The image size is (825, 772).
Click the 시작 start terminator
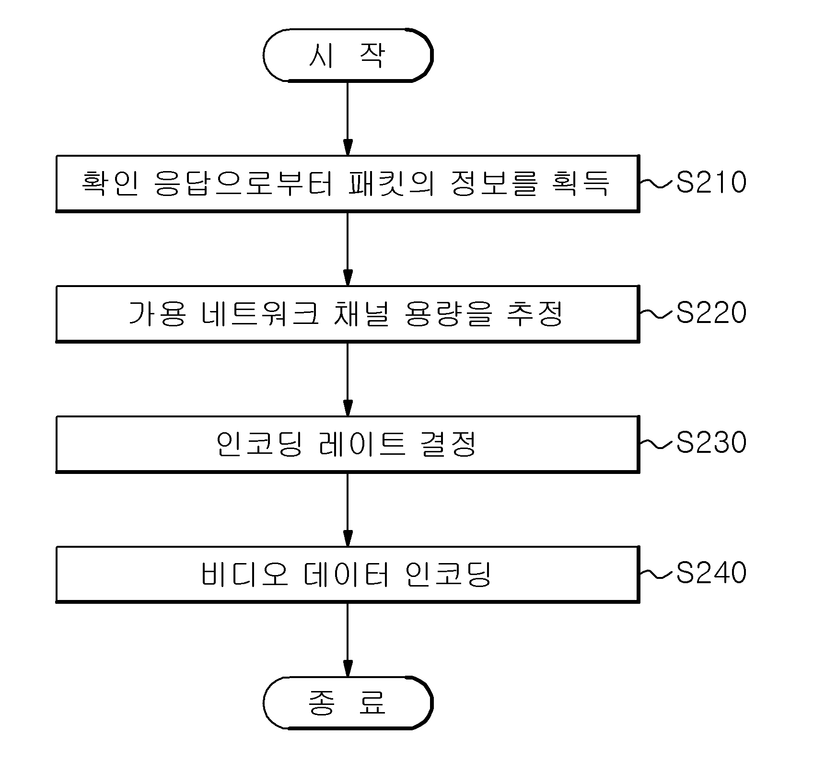click(x=348, y=55)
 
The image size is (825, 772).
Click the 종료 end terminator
click(x=348, y=703)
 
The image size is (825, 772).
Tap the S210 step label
click(x=711, y=183)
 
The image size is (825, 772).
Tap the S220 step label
click(x=711, y=313)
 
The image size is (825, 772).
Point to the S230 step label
click(x=711, y=443)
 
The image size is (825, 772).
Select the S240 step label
click(x=711, y=573)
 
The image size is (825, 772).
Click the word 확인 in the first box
click(x=110, y=183)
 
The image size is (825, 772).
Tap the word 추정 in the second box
click(x=535, y=313)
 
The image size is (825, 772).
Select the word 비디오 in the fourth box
click(x=244, y=574)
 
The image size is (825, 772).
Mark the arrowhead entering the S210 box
click(x=348, y=148)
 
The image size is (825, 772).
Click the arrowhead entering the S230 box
click(x=348, y=408)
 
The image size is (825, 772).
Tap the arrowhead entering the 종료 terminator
click(x=348, y=668)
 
